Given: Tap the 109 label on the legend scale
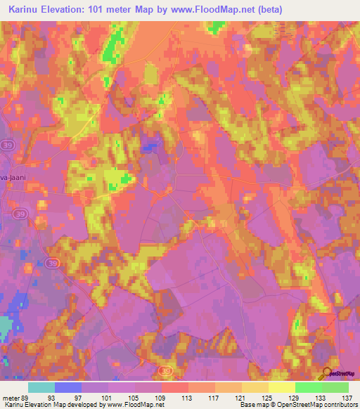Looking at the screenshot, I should point(162,397).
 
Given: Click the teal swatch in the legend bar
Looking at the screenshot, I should point(41,387).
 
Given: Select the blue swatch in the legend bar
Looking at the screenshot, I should point(68,387).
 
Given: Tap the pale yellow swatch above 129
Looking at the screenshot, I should point(282,387).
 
